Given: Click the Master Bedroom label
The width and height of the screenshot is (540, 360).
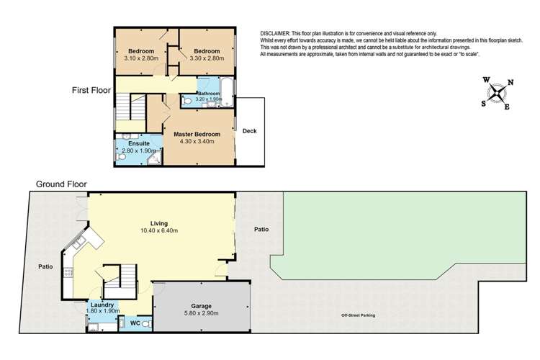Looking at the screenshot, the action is [197, 135].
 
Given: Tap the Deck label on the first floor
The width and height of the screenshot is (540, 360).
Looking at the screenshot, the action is [250, 131].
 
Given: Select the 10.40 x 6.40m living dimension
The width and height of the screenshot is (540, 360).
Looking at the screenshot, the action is [159, 230].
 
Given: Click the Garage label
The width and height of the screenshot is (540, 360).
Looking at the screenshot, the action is [201, 306].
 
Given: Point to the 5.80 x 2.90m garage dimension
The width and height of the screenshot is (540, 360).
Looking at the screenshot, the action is [201, 313].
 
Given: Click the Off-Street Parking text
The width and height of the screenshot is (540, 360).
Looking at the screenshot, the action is [358, 315].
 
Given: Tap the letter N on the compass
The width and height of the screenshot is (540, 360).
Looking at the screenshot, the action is [510, 82].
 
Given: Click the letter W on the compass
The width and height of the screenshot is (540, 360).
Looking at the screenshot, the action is [486, 80].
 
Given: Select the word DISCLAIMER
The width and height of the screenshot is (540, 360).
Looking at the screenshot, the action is [275, 33].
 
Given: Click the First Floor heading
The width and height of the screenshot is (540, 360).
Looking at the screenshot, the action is [91, 90].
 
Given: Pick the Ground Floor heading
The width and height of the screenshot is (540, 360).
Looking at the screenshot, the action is [61, 184].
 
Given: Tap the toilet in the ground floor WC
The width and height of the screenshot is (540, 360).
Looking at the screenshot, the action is [147, 324].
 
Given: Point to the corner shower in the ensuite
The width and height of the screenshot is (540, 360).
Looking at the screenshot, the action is [155, 158].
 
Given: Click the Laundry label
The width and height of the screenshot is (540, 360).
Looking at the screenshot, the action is [102, 305].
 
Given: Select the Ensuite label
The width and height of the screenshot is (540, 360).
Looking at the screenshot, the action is [139, 143].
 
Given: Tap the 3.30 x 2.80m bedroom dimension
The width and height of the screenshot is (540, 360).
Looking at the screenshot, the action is [207, 58].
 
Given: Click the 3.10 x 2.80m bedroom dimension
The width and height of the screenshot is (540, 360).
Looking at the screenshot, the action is [141, 58].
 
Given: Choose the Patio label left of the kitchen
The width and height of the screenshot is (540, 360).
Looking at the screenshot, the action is [45, 266].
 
